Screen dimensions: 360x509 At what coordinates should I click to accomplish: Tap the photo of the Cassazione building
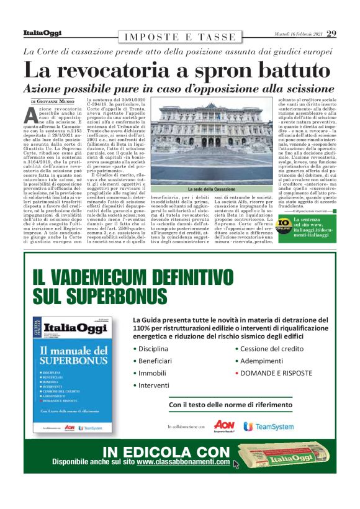[x=211, y=143]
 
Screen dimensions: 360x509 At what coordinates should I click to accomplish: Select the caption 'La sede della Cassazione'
[x=211, y=188]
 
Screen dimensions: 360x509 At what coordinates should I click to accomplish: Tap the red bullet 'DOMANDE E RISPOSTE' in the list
[x=276, y=373]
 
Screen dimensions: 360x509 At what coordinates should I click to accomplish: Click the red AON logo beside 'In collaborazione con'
[x=223, y=426]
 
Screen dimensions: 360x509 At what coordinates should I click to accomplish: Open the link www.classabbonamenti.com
[x=183, y=462]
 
